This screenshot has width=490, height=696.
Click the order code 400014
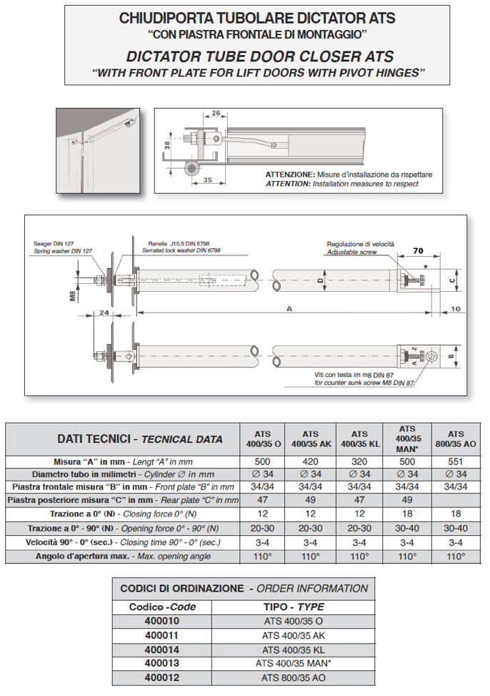coord(161,650)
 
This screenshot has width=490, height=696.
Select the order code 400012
coord(161,677)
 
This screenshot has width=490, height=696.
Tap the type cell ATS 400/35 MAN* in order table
coord(293,663)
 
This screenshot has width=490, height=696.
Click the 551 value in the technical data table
coord(455,461)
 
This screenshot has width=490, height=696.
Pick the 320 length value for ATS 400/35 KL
coord(359,461)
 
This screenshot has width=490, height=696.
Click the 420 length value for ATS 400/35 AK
coord(310,461)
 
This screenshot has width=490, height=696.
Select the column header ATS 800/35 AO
coord(455,438)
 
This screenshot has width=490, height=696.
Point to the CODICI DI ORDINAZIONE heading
coord(181,589)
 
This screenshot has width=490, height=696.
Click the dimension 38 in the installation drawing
coord(166,144)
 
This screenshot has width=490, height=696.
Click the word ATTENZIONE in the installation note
coord(289,175)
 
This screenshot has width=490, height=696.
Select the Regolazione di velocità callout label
coord(360,244)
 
